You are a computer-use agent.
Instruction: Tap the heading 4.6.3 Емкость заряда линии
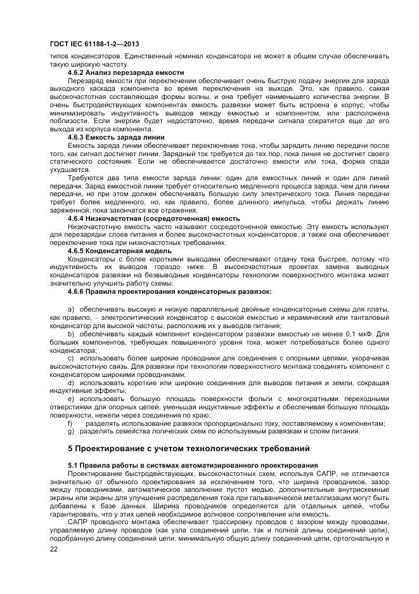[116, 137]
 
